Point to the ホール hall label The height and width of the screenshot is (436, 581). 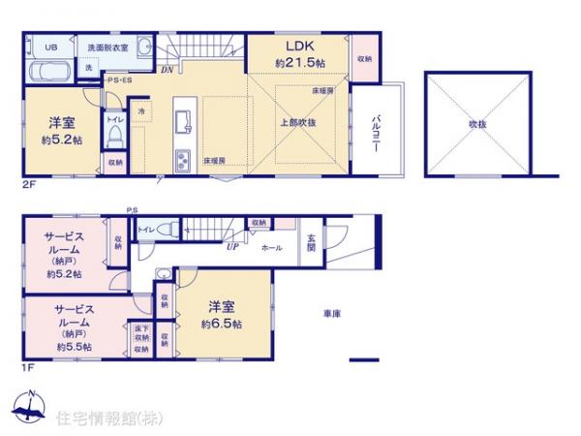pyautogui.click(x=272, y=248)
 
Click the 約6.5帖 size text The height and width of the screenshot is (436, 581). pyautogui.click(x=222, y=324)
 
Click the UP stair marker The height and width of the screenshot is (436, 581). pyautogui.click(x=232, y=246)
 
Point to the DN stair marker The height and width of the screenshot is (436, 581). pyautogui.click(x=167, y=70)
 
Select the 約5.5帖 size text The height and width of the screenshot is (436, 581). pyautogui.click(x=74, y=346)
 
